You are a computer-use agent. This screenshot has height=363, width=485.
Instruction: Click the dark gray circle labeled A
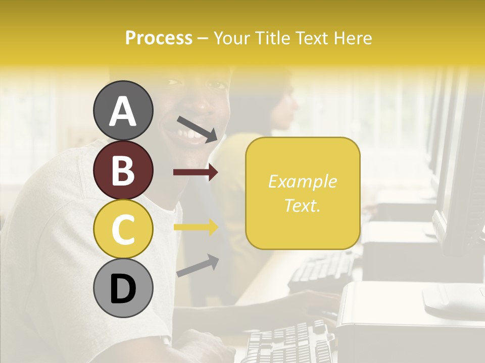click(123, 110)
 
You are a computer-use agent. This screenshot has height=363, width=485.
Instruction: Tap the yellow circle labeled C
click(123, 229)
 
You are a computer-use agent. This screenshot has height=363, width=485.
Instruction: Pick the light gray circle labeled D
click(123, 288)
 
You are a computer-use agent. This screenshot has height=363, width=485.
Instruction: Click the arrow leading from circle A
click(197, 129)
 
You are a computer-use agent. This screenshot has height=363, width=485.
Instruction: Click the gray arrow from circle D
click(198, 266)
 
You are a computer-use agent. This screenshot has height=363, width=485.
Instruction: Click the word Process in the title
click(159, 38)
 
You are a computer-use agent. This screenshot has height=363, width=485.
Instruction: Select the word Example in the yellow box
click(302, 181)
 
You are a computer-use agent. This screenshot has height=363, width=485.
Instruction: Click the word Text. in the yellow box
click(302, 206)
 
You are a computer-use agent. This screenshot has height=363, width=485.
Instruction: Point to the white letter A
click(123, 111)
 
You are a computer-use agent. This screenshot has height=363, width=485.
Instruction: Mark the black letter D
click(123, 289)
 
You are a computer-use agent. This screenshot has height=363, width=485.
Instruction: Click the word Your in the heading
click(232, 38)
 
